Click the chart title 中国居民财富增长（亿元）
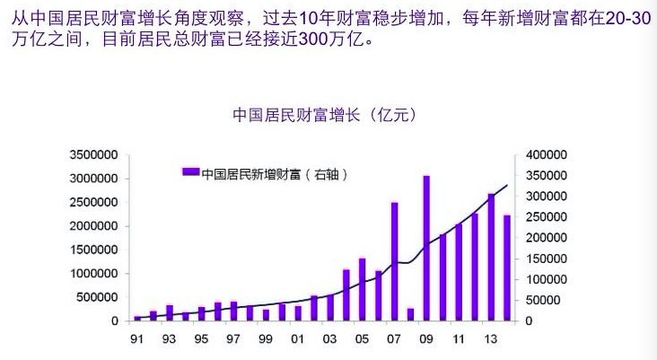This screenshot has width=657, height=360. coord(324,116)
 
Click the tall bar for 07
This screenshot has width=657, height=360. coord(394,261)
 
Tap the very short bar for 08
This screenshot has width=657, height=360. coord(410,314)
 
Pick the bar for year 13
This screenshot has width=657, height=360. coord(491,257)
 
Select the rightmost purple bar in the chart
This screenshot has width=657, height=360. coord(507,268)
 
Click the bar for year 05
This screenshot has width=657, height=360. coord(362,289)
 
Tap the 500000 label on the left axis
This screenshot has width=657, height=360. coord(100,297)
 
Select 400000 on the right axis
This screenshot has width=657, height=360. coord(546,155)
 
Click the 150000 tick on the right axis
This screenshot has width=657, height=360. coord(546,259)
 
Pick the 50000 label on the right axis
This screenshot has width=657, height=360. coord(549,300)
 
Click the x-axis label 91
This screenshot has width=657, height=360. coord(136,340)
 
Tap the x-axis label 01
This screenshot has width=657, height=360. coord(297,340)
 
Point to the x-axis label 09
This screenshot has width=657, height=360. coord(426,340)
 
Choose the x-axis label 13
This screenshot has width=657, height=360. coord(491,340)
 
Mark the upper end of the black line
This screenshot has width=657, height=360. coord(508,185)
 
